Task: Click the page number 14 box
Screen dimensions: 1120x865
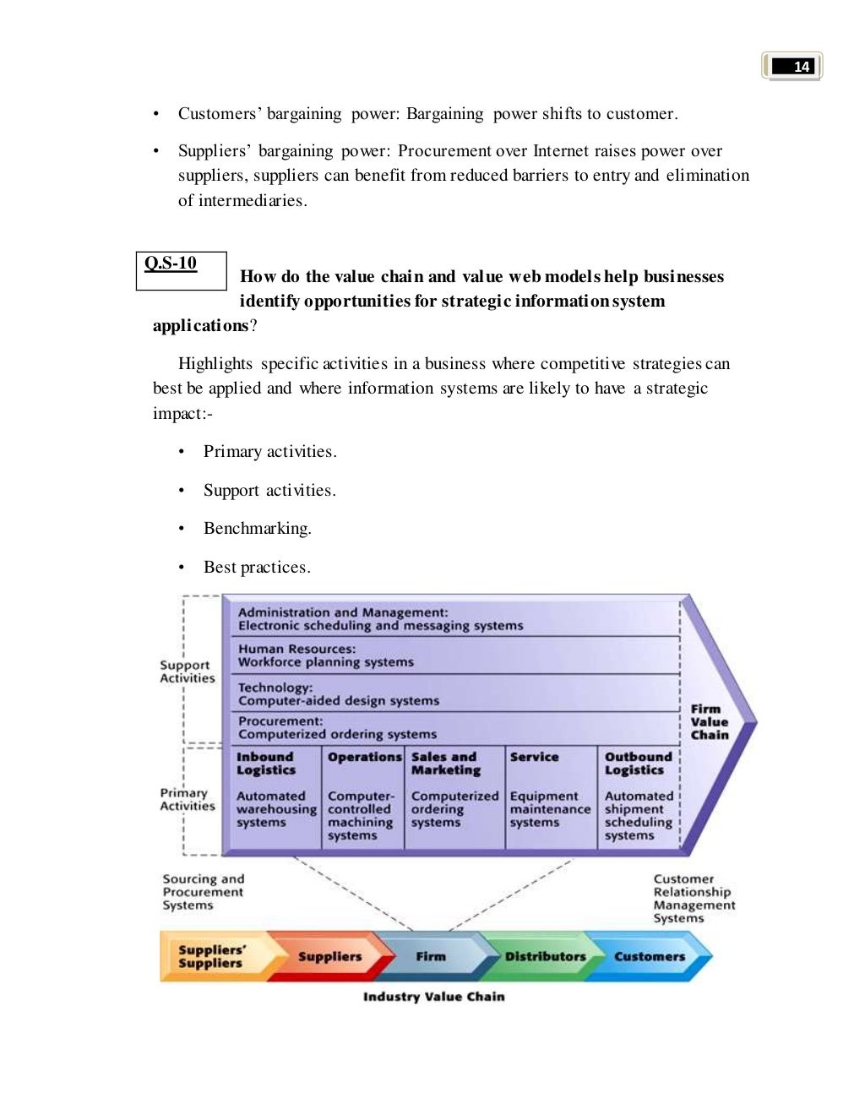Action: [x=792, y=66]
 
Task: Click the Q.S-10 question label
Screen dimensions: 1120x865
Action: [x=171, y=264]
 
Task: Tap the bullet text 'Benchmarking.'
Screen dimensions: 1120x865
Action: [x=257, y=529]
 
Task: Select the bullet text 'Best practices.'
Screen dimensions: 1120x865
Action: [x=257, y=568]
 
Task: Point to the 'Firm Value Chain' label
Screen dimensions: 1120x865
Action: [x=709, y=722]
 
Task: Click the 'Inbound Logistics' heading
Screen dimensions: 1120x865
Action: [x=266, y=764]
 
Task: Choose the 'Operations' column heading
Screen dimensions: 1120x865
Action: [x=364, y=758]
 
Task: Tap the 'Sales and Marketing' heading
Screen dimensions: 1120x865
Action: [x=445, y=764]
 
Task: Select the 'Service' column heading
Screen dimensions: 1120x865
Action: [x=534, y=758]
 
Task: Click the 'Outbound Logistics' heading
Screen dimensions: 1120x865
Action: [x=638, y=764]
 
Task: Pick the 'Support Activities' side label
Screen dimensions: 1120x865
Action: [x=188, y=671]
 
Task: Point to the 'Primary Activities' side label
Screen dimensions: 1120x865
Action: [x=188, y=800]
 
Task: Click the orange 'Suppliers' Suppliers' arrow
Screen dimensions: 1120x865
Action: [x=211, y=956]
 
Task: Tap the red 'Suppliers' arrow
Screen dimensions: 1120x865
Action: [x=329, y=957]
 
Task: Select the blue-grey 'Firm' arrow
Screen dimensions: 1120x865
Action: [x=431, y=957]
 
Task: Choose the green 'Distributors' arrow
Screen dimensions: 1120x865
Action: [x=545, y=957]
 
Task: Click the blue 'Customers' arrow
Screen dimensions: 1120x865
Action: [x=650, y=957]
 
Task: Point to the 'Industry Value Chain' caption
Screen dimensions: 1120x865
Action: [x=433, y=997]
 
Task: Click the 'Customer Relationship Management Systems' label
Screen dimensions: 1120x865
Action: [x=694, y=899]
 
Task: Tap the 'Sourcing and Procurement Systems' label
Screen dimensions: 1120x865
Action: [x=203, y=892]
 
